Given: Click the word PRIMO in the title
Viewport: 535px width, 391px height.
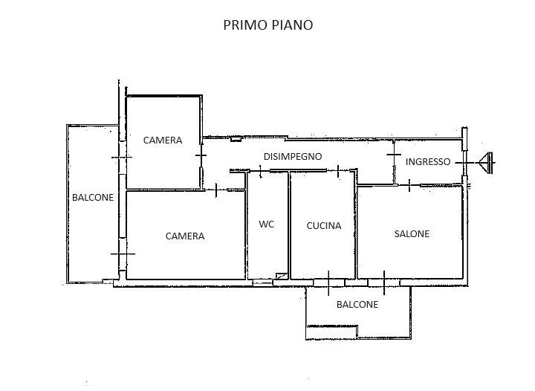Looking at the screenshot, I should coord(244,25).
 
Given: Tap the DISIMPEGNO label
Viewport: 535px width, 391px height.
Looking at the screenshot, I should coord(293,156).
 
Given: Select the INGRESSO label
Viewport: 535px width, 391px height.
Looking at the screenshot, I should coord(427,161).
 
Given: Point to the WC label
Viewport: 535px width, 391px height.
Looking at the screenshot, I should coord(266,224).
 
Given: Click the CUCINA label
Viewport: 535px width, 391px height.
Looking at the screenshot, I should coord(324,225).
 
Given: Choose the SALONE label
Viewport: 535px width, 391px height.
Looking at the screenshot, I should coord(411,233).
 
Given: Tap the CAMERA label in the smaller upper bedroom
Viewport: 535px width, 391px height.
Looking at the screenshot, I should coord(163,140).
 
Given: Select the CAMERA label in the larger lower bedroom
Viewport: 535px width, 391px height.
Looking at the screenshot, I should coord(185,236).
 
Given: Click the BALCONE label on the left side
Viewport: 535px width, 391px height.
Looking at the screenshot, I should coord(93,197).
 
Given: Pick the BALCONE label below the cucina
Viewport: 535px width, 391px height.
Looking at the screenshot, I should coord(357,304).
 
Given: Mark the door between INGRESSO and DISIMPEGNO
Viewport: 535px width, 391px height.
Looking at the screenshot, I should coord(394,155).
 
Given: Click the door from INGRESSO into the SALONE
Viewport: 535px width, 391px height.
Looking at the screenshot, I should coord(409,184).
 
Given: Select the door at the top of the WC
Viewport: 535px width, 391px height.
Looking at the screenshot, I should coord(262,172).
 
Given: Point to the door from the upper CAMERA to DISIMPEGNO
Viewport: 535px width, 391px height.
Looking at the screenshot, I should coord(201,155).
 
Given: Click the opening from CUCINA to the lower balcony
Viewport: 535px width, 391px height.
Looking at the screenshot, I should coord(328,282).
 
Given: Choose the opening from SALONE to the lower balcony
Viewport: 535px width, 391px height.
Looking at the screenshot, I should coord(383,282).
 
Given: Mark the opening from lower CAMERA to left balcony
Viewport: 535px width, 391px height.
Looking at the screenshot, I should coord(122,253).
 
